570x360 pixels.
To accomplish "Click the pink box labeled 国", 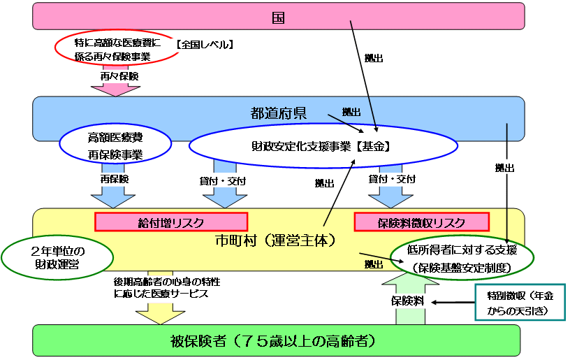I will [x=278, y=15].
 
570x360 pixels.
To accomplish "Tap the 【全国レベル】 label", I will [x=205, y=44].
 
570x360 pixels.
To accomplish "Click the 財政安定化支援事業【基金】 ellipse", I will [x=323, y=147].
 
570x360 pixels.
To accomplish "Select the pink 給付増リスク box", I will [x=171, y=222].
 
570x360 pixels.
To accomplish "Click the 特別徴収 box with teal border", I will [x=519, y=302].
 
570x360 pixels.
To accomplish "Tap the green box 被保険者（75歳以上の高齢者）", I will [x=277, y=341].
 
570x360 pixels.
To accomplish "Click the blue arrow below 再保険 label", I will [x=114, y=198].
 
